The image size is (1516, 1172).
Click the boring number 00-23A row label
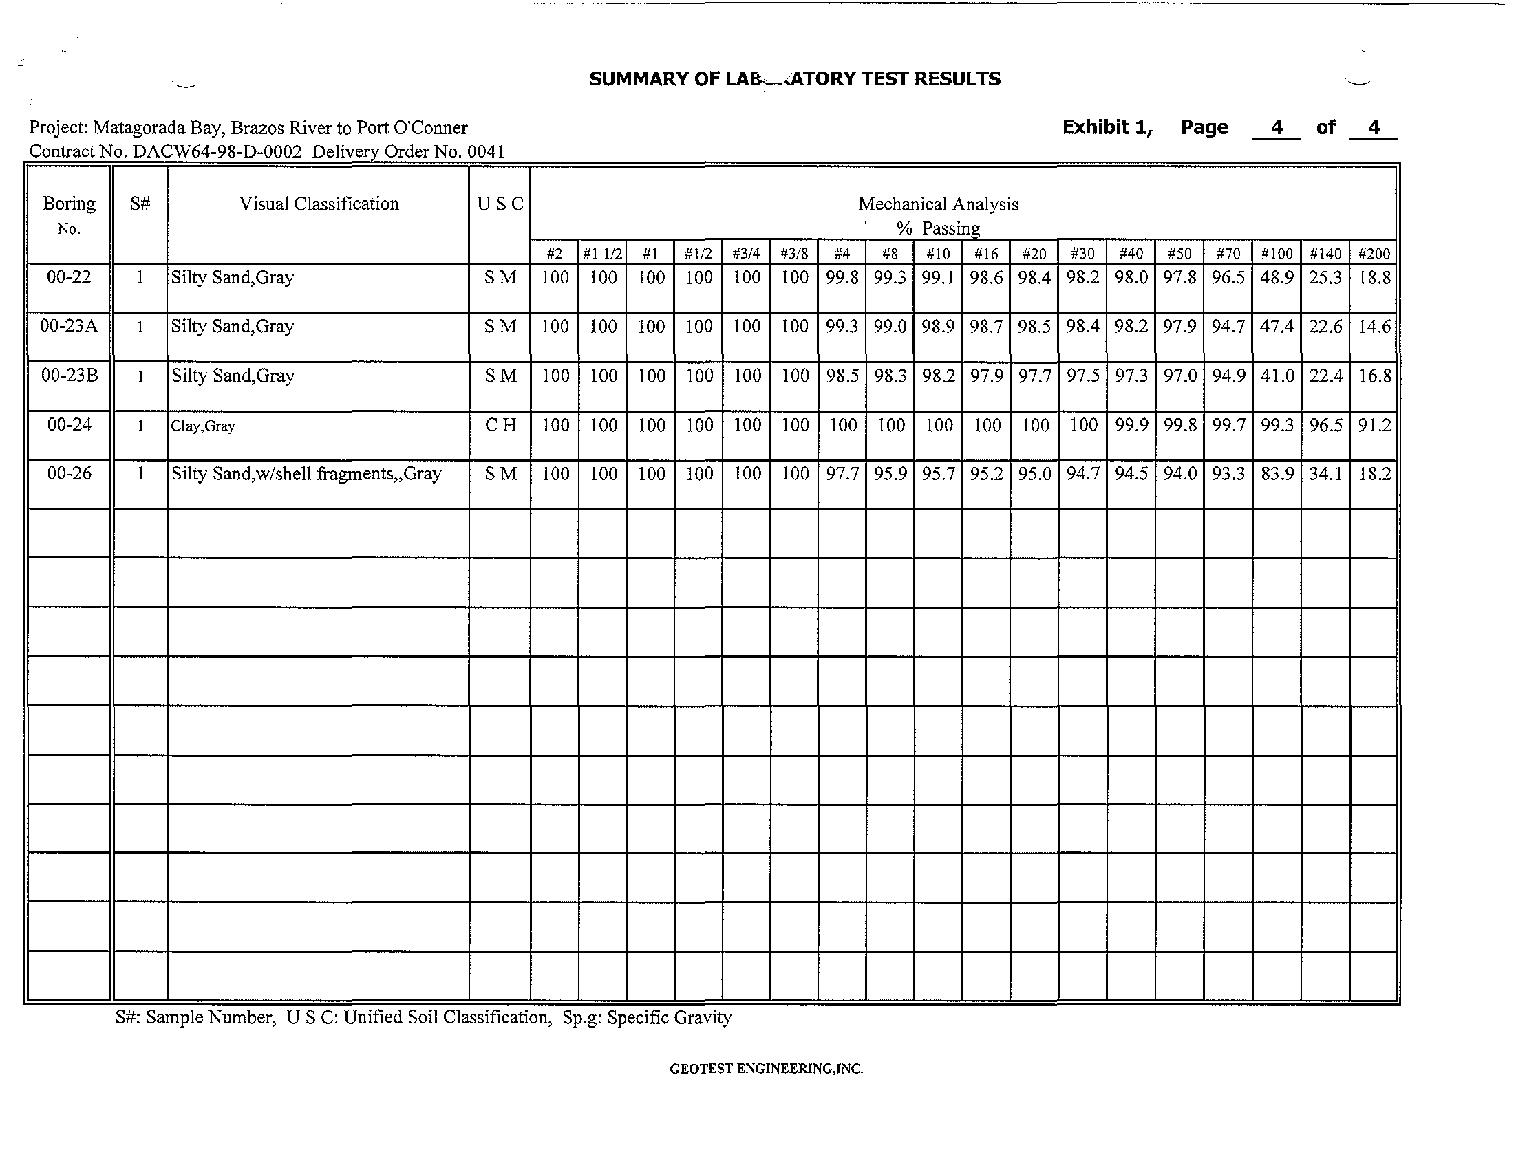tap(69, 326)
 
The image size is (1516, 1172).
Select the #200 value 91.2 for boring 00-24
tap(1374, 424)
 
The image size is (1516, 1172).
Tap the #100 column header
tap(1277, 254)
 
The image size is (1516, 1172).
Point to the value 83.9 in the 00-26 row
tap(1277, 474)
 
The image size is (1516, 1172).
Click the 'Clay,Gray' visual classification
tap(203, 426)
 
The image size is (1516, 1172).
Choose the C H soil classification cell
tap(500, 424)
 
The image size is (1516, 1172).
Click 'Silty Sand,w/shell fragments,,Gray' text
tap(306, 474)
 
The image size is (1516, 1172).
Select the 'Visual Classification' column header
tap(319, 204)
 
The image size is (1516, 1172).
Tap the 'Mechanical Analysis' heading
tap(938, 204)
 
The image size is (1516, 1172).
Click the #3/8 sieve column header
tap(794, 254)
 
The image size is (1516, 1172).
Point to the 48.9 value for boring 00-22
tap(1277, 278)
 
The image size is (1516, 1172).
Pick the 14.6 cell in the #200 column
tap(1374, 326)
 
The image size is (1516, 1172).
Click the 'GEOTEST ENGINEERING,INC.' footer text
tap(767, 1069)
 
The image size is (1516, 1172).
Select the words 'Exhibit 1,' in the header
tap(1107, 127)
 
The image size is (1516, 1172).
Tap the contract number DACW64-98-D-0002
tap(217, 151)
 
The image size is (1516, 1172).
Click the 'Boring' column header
tap(69, 204)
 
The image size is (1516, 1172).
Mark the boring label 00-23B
tap(70, 376)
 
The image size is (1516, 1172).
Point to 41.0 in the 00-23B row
tap(1277, 376)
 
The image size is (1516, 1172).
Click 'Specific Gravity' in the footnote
tap(669, 1017)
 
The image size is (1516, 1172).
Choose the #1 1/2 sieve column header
tap(603, 254)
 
